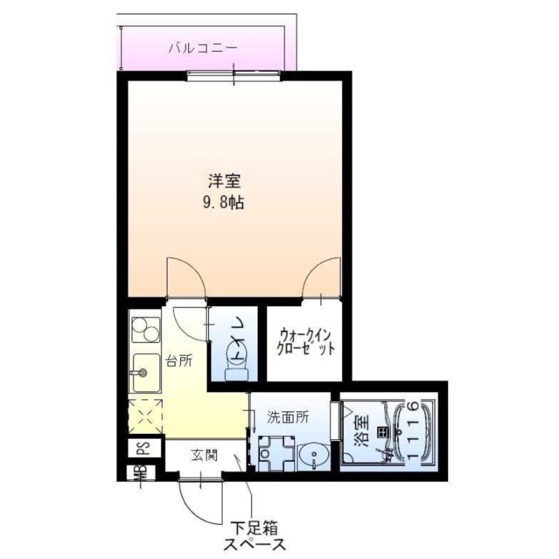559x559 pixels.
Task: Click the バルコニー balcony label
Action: coord(203,49)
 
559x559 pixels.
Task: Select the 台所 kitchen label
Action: coord(178,361)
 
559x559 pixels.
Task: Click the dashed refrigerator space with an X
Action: coord(145,416)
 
